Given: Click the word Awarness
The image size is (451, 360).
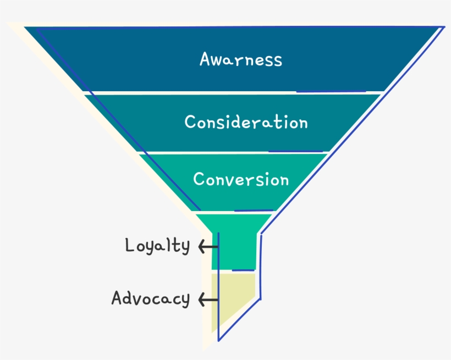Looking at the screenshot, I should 240,59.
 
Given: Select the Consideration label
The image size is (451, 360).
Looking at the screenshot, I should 246,122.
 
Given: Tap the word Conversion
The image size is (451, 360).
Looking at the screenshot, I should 241,180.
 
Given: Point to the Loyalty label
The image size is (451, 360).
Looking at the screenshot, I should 157,246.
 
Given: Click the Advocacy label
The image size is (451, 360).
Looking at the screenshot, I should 150,299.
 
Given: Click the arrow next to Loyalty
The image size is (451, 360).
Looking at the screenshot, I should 207,247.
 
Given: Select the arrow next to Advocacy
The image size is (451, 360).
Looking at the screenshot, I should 207,300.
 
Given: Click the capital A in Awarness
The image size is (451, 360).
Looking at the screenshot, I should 206,59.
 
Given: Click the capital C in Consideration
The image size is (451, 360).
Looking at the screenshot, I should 190,121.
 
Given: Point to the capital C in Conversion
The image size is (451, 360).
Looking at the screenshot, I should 199,179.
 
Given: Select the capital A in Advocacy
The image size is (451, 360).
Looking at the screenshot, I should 117,298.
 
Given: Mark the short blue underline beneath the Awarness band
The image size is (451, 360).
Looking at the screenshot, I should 330,91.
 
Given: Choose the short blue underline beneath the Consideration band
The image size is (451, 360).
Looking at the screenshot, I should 295,151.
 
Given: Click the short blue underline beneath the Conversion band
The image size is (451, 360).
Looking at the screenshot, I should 254,210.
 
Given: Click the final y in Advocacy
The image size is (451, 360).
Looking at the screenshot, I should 185,301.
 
